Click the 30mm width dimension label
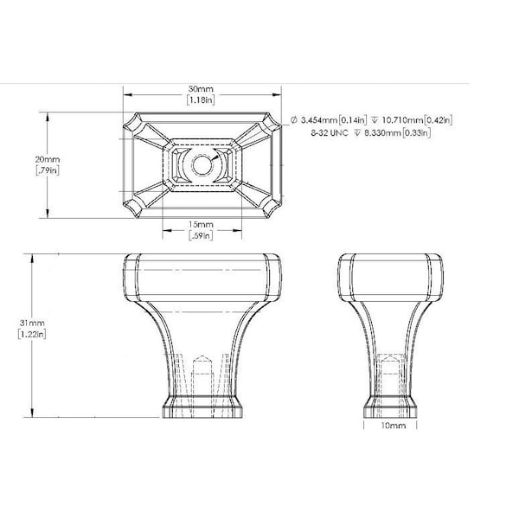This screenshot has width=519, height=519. pyautogui.click(x=201, y=89)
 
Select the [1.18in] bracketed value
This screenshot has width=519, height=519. pyautogui.click(x=201, y=100)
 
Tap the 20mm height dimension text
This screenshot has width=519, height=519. pyautogui.click(x=48, y=159)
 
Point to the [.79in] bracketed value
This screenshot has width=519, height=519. pyautogui.click(x=48, y=170)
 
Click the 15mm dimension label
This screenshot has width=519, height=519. pyautogui.click(x=201, y=224)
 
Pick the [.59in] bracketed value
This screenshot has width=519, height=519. pyautogui.click(x=201, y=235)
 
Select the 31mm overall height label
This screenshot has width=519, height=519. pyautogui.click(x=32, y=323)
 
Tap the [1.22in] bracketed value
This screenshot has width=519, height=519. pyautogui.click(x=32, y=334)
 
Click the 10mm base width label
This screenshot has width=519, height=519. pyautogui.click(x=394, y=426)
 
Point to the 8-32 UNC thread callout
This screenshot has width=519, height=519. pyautogui.click(x=330, y=133)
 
